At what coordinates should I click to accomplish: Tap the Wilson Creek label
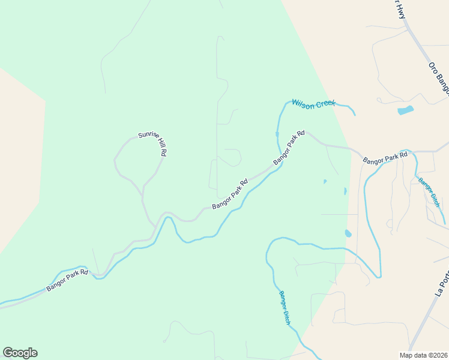(314, 103)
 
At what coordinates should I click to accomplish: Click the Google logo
(20, 353)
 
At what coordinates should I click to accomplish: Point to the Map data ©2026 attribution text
(424, 355)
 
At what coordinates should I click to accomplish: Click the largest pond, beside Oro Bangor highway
(406, 110)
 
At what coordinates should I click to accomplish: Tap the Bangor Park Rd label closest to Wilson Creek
(289, 148)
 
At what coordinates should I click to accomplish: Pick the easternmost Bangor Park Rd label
(385, 158)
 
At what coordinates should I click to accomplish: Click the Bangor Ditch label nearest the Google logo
(285, 308)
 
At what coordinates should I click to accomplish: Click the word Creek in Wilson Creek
(325, 104)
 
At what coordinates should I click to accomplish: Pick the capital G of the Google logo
(8, 353)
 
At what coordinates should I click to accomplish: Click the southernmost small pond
(348, 233)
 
